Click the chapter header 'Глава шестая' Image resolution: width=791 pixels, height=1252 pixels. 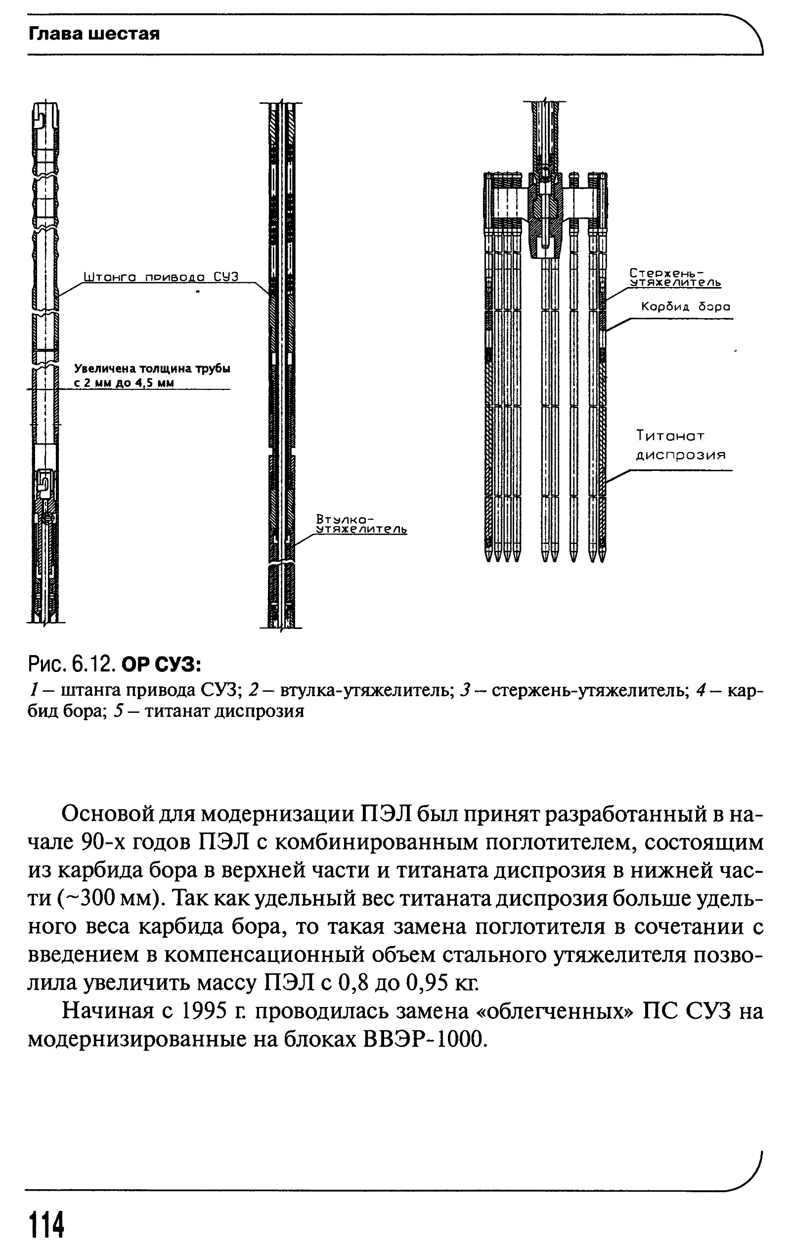point(93,34)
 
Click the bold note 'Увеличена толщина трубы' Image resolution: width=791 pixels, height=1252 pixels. point(152,369)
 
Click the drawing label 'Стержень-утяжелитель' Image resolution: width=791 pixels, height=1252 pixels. point(675,278)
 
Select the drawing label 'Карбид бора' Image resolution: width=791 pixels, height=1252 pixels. point(685,307)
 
